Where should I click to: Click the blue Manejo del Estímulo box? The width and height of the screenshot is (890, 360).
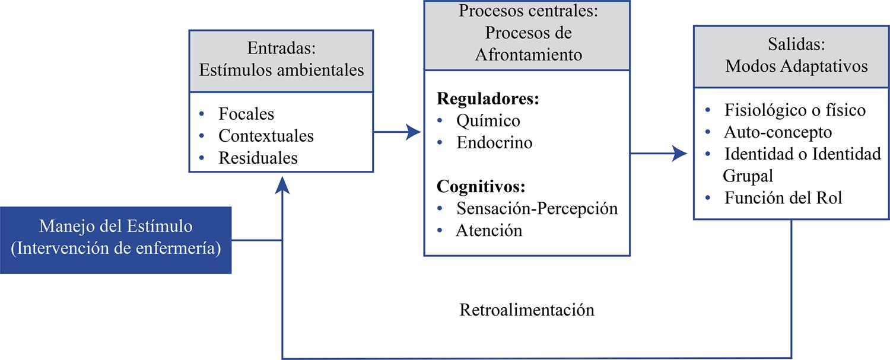click(116, 240)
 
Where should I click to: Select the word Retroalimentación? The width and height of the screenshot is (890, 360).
click(527, 310)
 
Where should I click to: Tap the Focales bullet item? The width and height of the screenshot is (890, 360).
click(246, 113)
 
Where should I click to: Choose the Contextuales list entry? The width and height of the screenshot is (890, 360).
click(266, 136)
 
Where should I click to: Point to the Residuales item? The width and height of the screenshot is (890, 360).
click(258, 158)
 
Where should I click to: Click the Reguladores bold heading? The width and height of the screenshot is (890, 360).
click(488, 98)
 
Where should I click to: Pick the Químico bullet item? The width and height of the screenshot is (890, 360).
click(488, 120)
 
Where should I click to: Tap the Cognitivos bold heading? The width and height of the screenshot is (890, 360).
click(481, 187)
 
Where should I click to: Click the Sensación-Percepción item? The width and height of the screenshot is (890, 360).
click(537, 208)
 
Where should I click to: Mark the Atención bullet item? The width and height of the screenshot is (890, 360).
click(489, 230)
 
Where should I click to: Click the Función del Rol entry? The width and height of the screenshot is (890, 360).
click(783, 198)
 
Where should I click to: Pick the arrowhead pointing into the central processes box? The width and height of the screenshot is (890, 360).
click(415, 132)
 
